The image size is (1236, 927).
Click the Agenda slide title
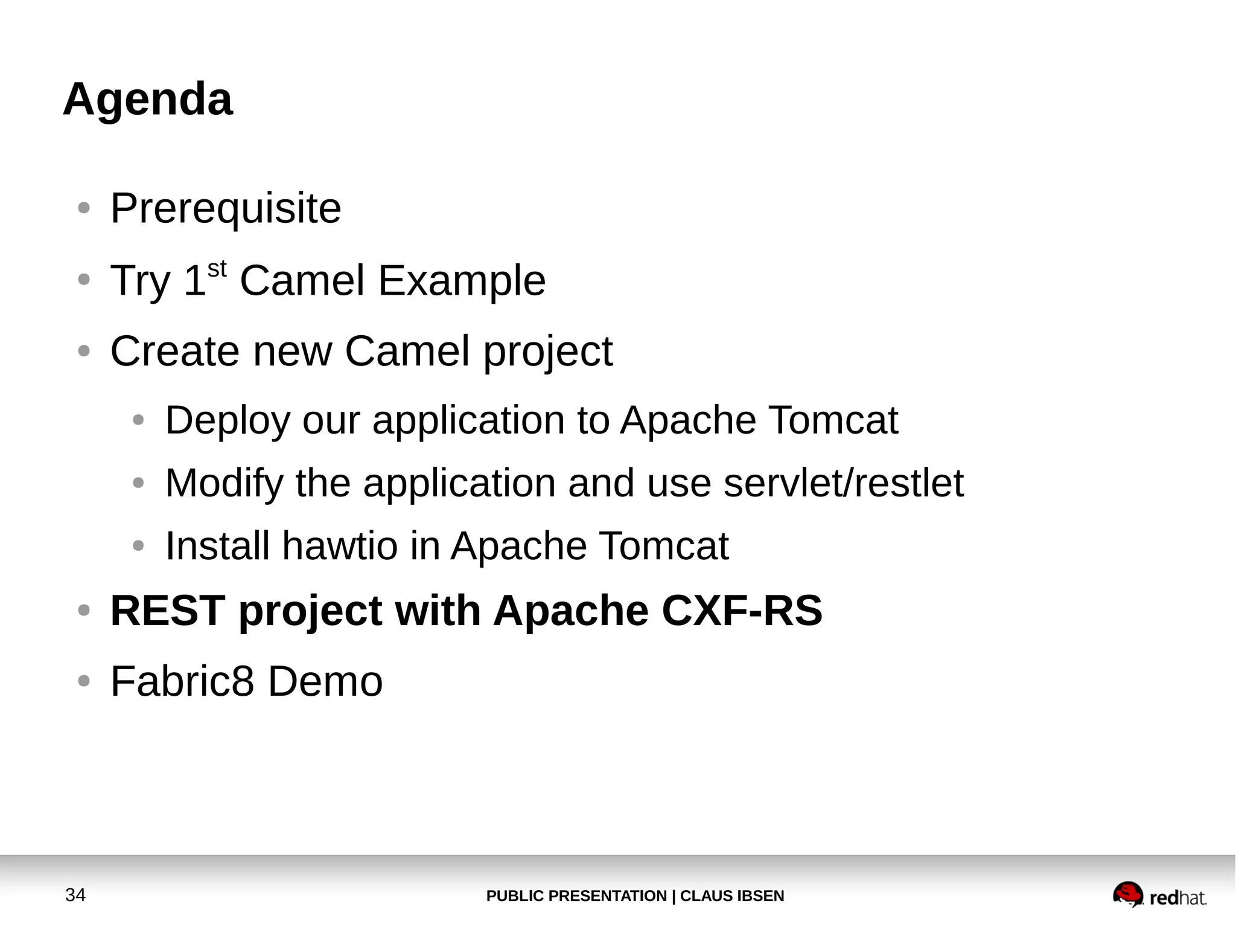coord(147,100)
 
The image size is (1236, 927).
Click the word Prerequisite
coord(226,208)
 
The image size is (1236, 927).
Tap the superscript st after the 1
coord(217,269)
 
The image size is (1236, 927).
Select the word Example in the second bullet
coord(462,281)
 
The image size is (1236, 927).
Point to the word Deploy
coord(228,421)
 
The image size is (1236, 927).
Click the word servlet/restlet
coord(843,483)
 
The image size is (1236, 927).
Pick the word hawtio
coord(339,546)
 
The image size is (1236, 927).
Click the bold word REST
coord(168,611)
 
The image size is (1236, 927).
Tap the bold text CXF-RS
coord(742,611)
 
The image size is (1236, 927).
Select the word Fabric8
coord(182,681)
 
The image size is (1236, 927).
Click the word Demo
coord(325,681)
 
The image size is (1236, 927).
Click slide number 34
coord(75,895)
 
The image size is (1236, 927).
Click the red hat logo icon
coord(1127,894)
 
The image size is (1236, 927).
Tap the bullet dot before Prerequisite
coord(84,208)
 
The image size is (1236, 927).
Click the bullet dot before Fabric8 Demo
coord(84,681)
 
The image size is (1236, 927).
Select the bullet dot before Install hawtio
coord(138,546)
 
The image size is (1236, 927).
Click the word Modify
coord(224,483)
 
